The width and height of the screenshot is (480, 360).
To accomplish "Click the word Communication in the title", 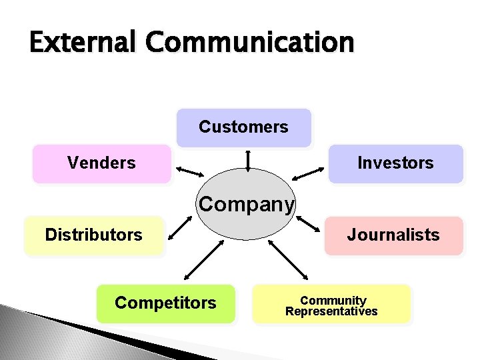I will click(251, 43).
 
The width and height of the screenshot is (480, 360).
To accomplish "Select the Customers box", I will click(243, 127).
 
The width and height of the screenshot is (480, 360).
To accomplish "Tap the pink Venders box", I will click(101, 163).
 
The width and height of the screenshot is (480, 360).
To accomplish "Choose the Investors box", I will click(395, 163).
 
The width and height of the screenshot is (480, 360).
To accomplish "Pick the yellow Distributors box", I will click(93, 235).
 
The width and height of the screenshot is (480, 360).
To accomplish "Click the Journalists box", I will click(393, 235).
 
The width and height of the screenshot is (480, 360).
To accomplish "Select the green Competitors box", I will click(165, 303).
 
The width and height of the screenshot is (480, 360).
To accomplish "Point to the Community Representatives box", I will click(331, 305).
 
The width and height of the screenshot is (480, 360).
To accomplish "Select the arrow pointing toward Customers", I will click(248, 160).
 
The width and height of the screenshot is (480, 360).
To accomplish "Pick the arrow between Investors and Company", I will click(308, 174).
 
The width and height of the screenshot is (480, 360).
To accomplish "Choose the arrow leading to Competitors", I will click(203, 260).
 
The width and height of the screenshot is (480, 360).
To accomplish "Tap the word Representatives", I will click(331, 311).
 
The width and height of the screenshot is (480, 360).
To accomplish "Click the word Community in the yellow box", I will click(333, 300).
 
